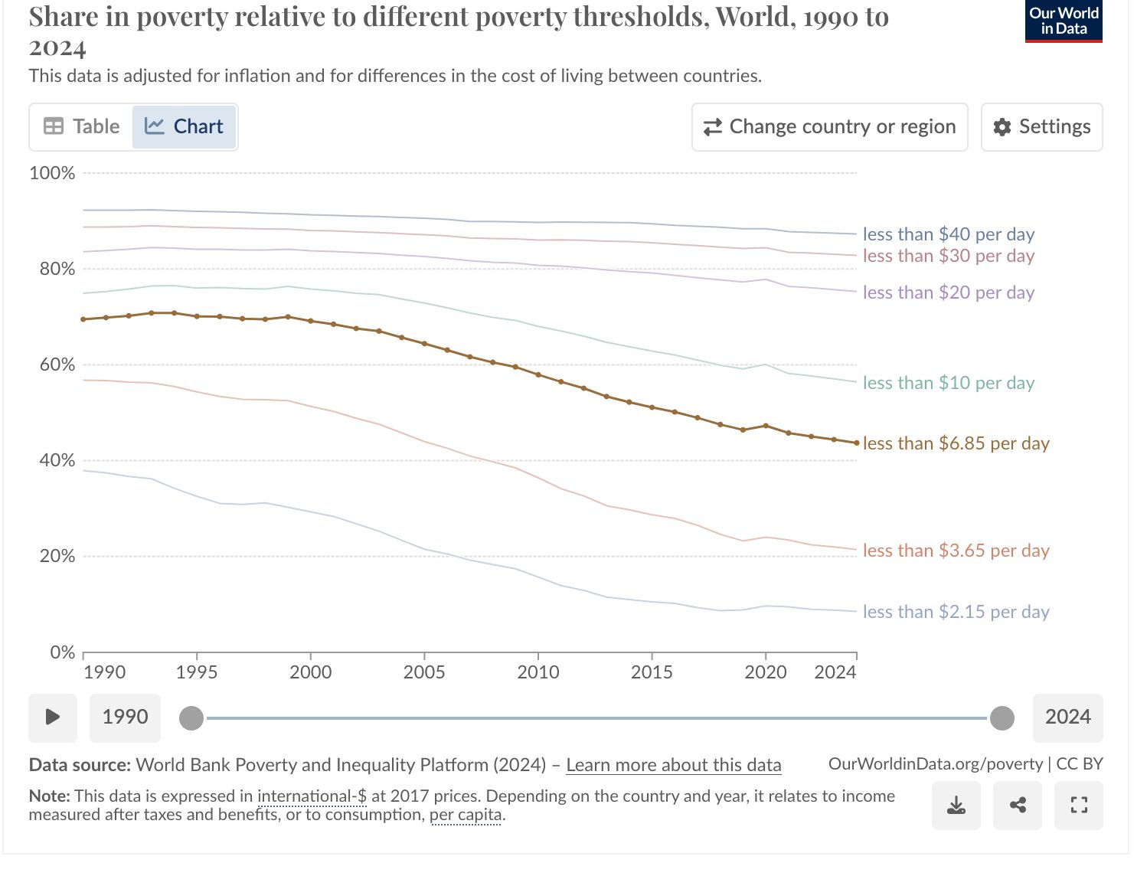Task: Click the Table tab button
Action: click(82, 126)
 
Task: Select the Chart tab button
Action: click(185, 126)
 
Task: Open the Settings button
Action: click(1041, 126)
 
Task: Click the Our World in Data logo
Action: click(1064, 21)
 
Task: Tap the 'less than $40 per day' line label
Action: click(948, 234)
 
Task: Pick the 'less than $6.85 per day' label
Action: click(956, 443)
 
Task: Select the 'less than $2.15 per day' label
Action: click(956, 612)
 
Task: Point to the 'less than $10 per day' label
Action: click(948, 383)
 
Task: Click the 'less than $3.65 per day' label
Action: click(956, 551)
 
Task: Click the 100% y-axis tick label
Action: click(52, 173)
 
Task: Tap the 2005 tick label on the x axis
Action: click(424, 672)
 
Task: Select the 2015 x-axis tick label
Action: click(652, 672)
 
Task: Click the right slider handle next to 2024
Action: click(1002, 718)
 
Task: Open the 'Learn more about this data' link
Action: click(673, 765)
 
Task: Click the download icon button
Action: click(956, 806)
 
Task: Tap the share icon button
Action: click(1018, 806)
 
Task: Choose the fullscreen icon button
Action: click(1079, 806)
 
